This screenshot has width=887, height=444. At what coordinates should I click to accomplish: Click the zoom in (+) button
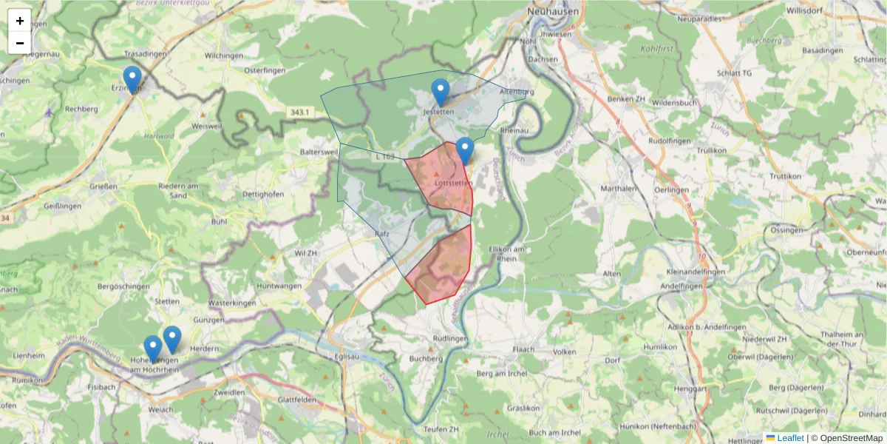(20, 21)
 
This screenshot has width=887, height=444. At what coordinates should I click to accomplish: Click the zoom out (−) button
(20, 43)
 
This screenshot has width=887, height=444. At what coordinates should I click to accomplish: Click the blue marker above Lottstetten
(465, 151)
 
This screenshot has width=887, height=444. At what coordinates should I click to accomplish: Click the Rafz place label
(382, 233)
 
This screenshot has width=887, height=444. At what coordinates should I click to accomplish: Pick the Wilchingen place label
(224, 55)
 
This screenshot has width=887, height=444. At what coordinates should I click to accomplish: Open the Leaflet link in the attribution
(790, 438)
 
